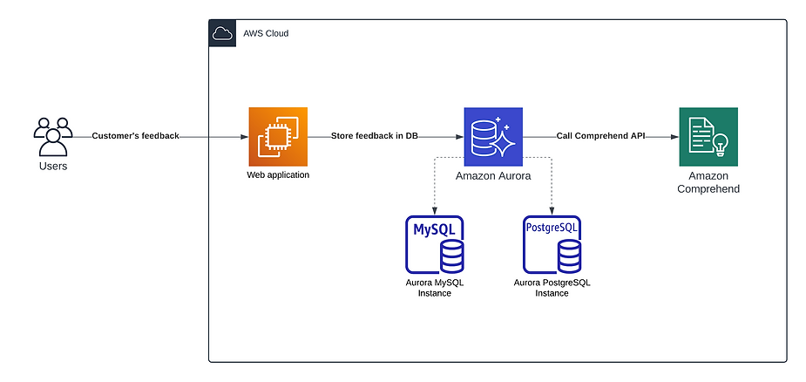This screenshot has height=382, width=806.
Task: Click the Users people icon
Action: tap(53, 136)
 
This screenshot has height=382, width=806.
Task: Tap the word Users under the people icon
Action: tap(53, 167)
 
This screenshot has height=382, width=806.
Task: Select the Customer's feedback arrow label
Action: tap(136, 136)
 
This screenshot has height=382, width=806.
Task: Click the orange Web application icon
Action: tap(278, 136)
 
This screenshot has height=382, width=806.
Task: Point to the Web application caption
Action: tap(278, 175)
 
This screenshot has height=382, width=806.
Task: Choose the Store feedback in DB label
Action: tap(375, 136)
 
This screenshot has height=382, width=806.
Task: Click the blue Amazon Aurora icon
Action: tap(493, 136)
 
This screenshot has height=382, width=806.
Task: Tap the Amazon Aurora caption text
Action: tap(493, 176)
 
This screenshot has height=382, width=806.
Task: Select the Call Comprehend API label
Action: tap(600, 136)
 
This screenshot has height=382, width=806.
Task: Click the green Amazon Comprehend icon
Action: tap(708, 136)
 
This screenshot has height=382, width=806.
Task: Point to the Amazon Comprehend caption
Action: tap(708, 182)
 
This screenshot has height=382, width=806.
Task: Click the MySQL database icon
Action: tap(435, 244)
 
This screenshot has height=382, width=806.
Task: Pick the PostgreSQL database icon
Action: tap(552, 244)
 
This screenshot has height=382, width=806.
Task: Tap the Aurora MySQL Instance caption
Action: tap(435, 288)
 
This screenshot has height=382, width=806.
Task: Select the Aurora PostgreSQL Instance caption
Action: tap(552, 288)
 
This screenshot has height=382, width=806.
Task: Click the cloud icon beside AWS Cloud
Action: tap(222, 33)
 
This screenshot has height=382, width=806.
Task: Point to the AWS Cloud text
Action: tap(266, 33)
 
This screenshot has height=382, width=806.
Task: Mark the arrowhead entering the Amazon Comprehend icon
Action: tap(674, 137)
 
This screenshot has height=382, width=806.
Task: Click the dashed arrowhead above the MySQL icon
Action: tap(435, 211)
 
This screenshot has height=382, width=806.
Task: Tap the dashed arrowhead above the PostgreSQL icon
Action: tap(552, 211)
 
